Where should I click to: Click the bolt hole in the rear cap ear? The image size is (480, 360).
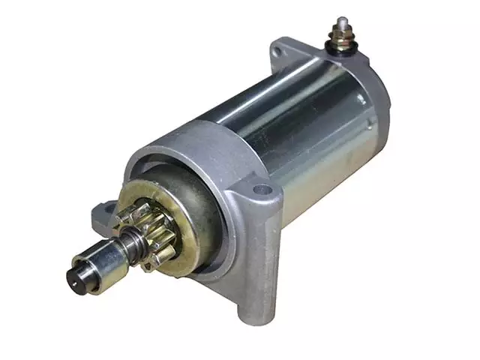tap(279, 51)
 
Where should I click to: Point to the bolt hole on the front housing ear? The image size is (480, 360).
tap(262, 188)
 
